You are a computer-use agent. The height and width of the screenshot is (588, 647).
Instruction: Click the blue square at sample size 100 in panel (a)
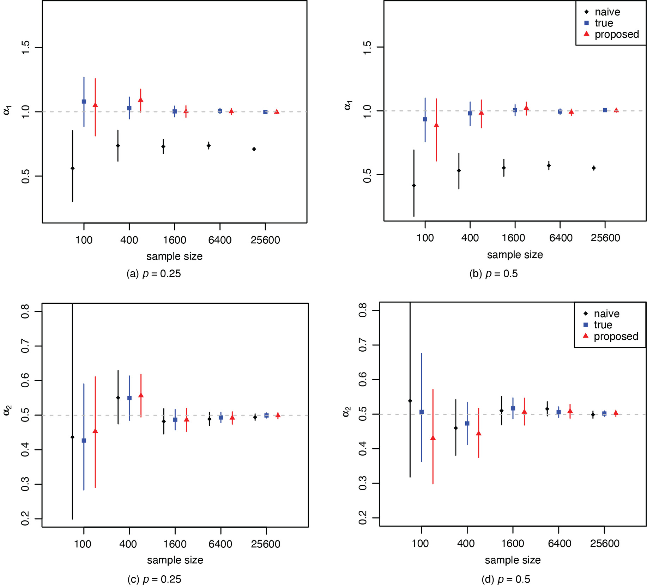[84, 102]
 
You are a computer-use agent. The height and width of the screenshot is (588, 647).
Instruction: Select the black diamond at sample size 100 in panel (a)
[73, 168]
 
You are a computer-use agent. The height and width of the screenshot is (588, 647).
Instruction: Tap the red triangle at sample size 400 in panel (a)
[140, 100]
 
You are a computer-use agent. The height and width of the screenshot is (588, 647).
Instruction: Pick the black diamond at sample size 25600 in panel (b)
[594, 168]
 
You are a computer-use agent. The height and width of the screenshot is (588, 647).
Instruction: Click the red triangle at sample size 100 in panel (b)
[436, 125]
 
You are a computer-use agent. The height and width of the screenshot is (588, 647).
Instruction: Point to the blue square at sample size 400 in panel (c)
[129, 398]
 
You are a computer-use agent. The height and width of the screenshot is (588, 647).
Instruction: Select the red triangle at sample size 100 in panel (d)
[433, 438]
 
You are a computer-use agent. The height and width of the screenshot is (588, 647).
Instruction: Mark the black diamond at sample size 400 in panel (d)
[456, 428]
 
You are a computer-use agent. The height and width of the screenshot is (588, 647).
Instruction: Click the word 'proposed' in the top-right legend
[617, 34]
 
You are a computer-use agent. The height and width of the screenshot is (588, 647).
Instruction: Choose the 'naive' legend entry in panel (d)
[606, 314]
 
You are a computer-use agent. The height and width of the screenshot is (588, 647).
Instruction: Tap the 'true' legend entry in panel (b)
[604, 23]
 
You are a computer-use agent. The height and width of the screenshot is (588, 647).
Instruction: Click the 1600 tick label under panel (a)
[175, 240]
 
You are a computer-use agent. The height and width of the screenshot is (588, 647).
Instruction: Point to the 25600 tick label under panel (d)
[605, 543]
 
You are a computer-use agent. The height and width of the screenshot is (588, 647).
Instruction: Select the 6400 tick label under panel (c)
[220, 544]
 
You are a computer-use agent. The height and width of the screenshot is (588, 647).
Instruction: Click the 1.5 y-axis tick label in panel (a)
[25, 48]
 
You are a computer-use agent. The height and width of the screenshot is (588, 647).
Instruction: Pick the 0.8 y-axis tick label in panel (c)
[25, 311]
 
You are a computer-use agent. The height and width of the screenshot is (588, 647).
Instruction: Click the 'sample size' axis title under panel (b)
[515, 255]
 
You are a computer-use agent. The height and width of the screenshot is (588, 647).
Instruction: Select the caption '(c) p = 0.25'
[154, 579]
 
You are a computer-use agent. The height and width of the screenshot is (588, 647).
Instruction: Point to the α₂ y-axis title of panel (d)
[346, 412]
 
